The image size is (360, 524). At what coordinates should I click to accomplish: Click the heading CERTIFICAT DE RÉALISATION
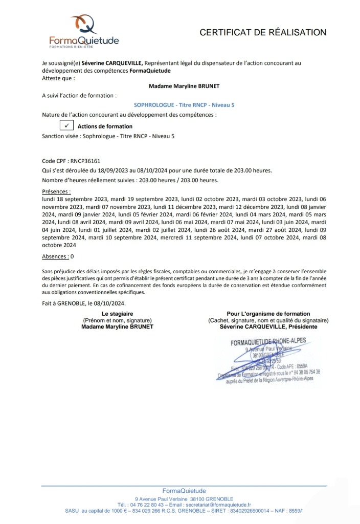(x=263, y=33)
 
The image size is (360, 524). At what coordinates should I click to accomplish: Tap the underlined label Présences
(x=56, y=191)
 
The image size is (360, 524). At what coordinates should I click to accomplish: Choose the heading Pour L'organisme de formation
(x=268, y=314)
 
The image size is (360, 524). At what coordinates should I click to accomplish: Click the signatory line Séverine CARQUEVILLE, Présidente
(x=268, y=326)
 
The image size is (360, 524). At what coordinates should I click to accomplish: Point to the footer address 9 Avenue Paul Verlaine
(x=163, y=498)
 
